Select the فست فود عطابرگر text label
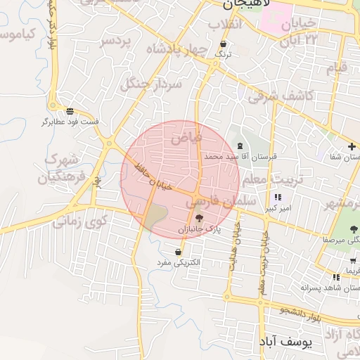tap(71, 122)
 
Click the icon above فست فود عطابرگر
tap(70, 110)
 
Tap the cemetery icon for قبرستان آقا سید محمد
tap(241, 146)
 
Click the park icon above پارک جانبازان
tap(199, 218)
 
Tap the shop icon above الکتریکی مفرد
tap(179, 251)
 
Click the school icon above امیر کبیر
tap(278, 198)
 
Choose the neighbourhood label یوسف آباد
tap(295, 342)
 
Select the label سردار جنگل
tap(152, 84)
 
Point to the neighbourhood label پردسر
tap(115, 41)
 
